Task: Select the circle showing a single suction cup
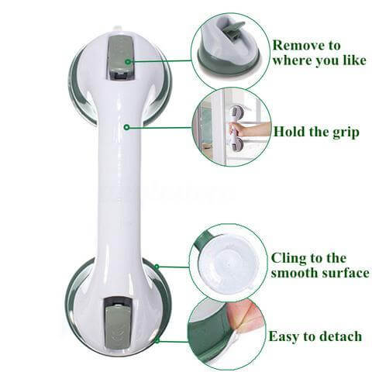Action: pos(230,48)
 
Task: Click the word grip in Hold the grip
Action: pos(343,133)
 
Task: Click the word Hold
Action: pos(290,133)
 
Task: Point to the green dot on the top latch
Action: pos(126,60)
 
